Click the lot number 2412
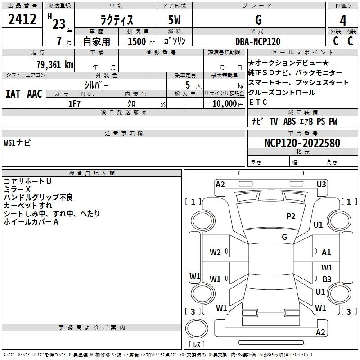click(22, 19)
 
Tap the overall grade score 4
click(343, 21)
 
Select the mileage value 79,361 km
click(55, 64)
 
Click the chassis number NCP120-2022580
click(302, 143)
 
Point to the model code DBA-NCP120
click(258, 41)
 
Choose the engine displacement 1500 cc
click(141, 41)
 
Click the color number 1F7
click(74, 104)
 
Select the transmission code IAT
click(13, 94)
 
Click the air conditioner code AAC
click(35, 94)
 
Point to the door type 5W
click(174, 20)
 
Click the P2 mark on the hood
click(291, 216)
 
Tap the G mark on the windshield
click(284, 237)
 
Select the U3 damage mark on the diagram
click(321, 184)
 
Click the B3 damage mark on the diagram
click(327, 279)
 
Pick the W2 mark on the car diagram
click(215, 252)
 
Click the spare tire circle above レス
click(197, 328)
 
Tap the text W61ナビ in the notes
click(17, 143)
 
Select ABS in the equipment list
click(289, 121)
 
